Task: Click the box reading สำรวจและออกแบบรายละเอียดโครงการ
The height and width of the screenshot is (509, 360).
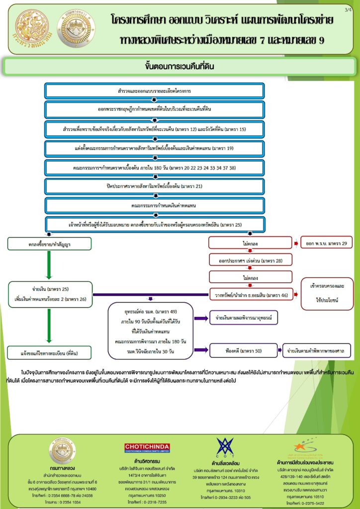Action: (x=154, y=91)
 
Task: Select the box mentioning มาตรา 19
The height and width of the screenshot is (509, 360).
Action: (x=154, y=148)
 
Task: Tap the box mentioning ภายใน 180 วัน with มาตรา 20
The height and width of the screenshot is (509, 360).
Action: (x=154, y=167)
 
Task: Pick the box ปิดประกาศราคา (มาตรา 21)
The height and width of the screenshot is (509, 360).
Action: (x=154, y=186)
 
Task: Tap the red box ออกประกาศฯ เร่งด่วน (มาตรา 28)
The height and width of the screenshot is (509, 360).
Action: (x=250, y=260)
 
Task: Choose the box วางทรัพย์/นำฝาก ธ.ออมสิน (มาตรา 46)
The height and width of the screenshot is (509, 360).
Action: (x=250, y=295)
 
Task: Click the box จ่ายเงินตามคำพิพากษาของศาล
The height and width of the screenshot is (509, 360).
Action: (x=316, y=351)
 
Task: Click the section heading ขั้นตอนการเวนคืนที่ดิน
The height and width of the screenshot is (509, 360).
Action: (x=180, y=66)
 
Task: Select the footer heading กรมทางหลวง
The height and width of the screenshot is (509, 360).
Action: (x=63, y=468)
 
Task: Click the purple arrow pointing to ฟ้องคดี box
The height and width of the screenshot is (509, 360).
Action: (x=200, y=351)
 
